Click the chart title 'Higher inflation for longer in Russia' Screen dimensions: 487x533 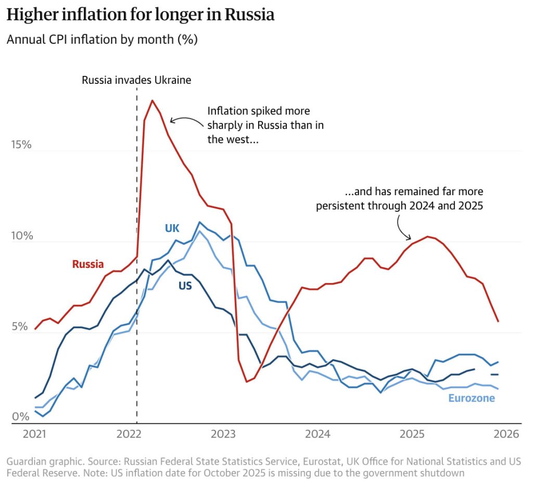click(x=140, y=15)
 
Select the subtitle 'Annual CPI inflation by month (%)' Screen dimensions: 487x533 click(x=102, y=40)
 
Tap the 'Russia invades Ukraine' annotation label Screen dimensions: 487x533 click(x=137, y=80)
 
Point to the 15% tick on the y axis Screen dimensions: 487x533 click(x=21, y=144)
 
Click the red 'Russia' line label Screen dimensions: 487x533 click(x=88, y=264)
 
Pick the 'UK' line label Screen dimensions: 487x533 click(x=172, y=228)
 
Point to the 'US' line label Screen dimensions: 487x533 click(x=185, y=285)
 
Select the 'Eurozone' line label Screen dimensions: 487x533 click(x=472, y=399)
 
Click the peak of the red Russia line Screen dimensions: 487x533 click(x=152, y=100)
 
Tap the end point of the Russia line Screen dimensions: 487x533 click(x=498, y=322)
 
